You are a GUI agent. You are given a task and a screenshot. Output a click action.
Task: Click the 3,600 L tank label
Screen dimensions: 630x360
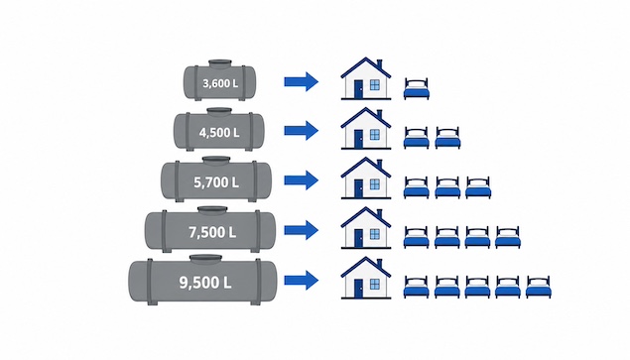pos(220,83)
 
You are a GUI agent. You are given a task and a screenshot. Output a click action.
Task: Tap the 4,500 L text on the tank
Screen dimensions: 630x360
pos(219,133)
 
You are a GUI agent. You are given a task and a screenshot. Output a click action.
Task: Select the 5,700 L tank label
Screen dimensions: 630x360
pos(216,182)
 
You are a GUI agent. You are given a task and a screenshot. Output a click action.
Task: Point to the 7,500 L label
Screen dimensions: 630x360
pos(212,232)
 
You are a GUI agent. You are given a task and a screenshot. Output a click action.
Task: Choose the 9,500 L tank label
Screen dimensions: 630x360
pos(205,283)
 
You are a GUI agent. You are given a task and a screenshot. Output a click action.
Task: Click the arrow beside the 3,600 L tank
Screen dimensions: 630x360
pos(302,81)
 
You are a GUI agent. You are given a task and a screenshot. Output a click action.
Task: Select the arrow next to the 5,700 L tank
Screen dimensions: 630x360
pos(302,180)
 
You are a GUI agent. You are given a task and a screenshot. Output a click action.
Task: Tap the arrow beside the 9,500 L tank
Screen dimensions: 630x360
pos(302,280)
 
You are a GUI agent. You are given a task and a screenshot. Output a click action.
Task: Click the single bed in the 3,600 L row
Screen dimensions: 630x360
pos(417,89)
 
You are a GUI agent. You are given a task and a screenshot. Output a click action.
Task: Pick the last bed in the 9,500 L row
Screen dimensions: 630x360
pos(539,287)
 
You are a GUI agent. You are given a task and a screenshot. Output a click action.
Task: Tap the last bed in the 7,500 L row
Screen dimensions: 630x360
pos(508,237)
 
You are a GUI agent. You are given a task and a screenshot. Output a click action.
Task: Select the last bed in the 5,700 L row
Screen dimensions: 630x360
pos(478,187)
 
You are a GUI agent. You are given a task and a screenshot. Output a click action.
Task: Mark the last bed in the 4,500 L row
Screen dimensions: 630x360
pos(447,138)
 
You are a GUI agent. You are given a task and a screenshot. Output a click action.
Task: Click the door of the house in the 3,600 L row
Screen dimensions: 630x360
pos(358,89)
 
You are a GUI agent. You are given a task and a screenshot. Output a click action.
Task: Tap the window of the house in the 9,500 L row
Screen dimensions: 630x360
pos(374,284)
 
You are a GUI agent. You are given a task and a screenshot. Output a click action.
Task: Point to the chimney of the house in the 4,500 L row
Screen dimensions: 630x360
pos(379,114)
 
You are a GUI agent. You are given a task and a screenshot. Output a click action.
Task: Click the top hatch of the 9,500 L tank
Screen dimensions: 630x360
pos(205,259)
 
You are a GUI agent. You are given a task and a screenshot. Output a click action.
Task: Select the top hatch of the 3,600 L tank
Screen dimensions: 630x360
pos(220,63)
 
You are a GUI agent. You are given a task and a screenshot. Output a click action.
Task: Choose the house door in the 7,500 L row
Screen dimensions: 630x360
pos(358,238)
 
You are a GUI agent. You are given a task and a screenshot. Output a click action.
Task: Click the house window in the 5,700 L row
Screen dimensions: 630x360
pos(374,184)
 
